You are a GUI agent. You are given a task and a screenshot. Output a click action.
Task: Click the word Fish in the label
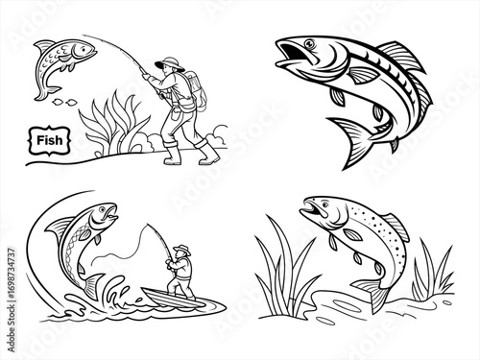point(49,140)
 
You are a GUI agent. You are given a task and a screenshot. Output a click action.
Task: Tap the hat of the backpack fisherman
point(170,63)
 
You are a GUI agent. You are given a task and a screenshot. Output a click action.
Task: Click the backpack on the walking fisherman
point(198,90)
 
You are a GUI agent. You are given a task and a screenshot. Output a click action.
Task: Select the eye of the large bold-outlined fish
point(309,43)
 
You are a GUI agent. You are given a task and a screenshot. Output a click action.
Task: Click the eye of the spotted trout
point(324,204)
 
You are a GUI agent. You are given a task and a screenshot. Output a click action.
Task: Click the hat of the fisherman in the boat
point(181,250)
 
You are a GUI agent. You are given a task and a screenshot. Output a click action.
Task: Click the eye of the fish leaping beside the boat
point(102,209)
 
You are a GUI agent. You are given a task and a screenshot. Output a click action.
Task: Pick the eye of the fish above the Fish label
point(82,49)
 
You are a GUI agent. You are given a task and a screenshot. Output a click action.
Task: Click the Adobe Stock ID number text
point(12,300)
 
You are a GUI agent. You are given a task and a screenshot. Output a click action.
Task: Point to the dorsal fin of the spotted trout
point(396,226)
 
